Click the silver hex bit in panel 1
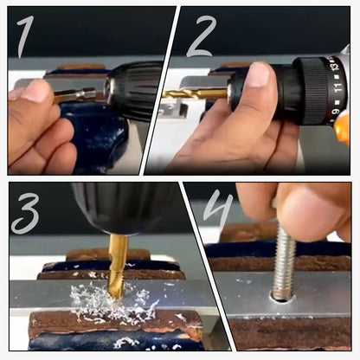click(x=78, y=93)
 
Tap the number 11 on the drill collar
click(x=339, y=87)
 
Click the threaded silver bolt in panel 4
click(x=283, y=264)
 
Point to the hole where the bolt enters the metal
click(x=282, y=298)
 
